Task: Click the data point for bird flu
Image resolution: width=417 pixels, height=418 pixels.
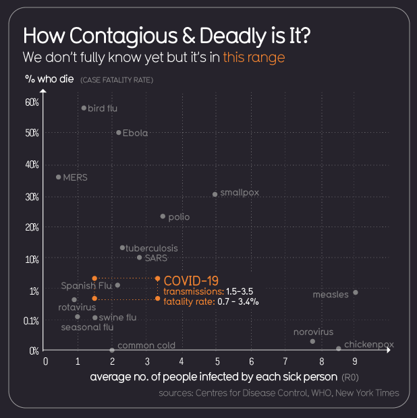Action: [84, 108]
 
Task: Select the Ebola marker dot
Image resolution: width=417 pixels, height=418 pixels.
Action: [119, 133]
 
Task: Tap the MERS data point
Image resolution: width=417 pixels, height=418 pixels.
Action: [58, 177]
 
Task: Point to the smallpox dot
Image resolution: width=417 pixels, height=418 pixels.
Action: [215, 194]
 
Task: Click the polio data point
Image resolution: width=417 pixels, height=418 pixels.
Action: [163, 216]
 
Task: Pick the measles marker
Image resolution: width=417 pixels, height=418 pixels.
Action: [356, 292]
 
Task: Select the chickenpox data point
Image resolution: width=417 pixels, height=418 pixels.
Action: [339, 349]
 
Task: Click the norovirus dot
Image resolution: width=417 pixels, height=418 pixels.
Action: [312, 341]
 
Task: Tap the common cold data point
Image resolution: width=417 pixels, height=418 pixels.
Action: [112, 350]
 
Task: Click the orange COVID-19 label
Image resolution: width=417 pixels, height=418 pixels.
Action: [191, 280]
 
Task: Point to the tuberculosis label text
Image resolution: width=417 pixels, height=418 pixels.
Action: [152, 248]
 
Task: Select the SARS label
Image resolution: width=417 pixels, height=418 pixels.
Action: [156, 258]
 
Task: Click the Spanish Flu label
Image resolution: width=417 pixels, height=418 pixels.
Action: [86, 286]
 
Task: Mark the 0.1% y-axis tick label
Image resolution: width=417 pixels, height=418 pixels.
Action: [31, 321]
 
